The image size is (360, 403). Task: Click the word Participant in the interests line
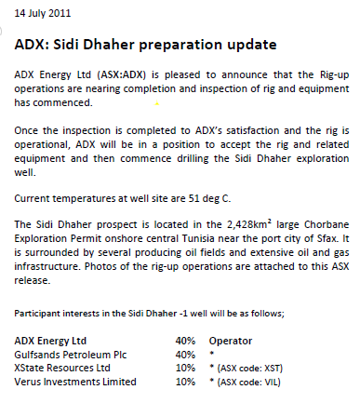(38, 315)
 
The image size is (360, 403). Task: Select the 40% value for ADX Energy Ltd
(184, 342)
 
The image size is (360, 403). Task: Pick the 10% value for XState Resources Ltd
(184, 368)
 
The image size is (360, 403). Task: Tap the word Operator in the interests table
(232, 342)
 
